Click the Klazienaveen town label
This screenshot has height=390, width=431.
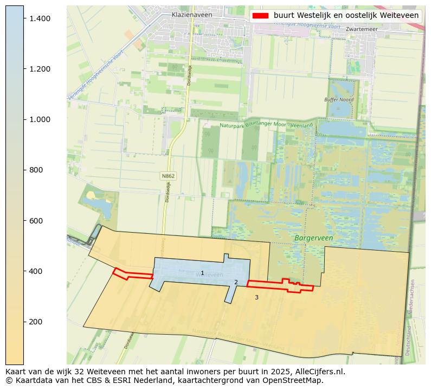pos(191,15)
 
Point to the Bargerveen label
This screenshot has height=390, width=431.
pos(313,238)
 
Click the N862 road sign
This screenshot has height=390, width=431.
pos(168,176)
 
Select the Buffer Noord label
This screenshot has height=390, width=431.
pos(339,100)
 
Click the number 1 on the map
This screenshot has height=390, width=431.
pos(202,273)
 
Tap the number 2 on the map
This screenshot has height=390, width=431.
pos(236,282)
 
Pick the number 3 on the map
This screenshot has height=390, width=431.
pos(256,297)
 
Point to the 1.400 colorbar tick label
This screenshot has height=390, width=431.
pos(40,18)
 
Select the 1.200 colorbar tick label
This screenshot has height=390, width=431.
pos(40,69)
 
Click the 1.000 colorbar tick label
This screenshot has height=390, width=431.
pos(40,119)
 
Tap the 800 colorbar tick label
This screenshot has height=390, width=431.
pos(36,170)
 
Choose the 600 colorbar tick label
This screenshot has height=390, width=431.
pos(36,221)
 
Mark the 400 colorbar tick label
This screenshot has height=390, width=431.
pos(36,271)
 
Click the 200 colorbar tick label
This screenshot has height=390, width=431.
pos(36,322)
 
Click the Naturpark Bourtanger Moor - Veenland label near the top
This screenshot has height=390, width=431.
pos(266,125)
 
